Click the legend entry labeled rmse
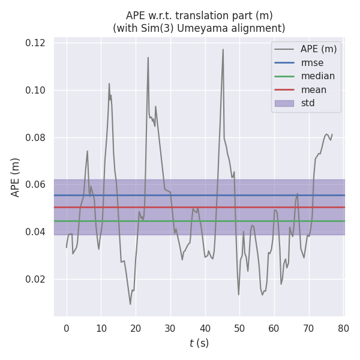(311, 62)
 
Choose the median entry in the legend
(317, 76)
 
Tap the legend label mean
(314, 90)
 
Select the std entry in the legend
(308, 103)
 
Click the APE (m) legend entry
(319, 49)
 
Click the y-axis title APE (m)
(16, 177)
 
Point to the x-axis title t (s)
(199, 343)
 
